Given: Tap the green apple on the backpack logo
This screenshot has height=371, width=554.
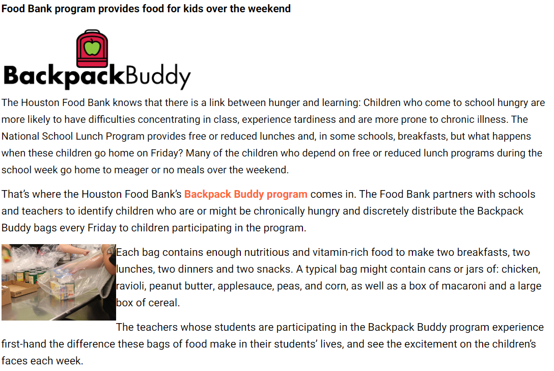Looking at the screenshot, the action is click(x=92, y=47).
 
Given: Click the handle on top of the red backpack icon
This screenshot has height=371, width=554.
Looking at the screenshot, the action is click(x=92, y=32).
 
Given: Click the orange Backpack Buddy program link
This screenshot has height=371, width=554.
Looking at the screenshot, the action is click(x=245, y=194).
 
